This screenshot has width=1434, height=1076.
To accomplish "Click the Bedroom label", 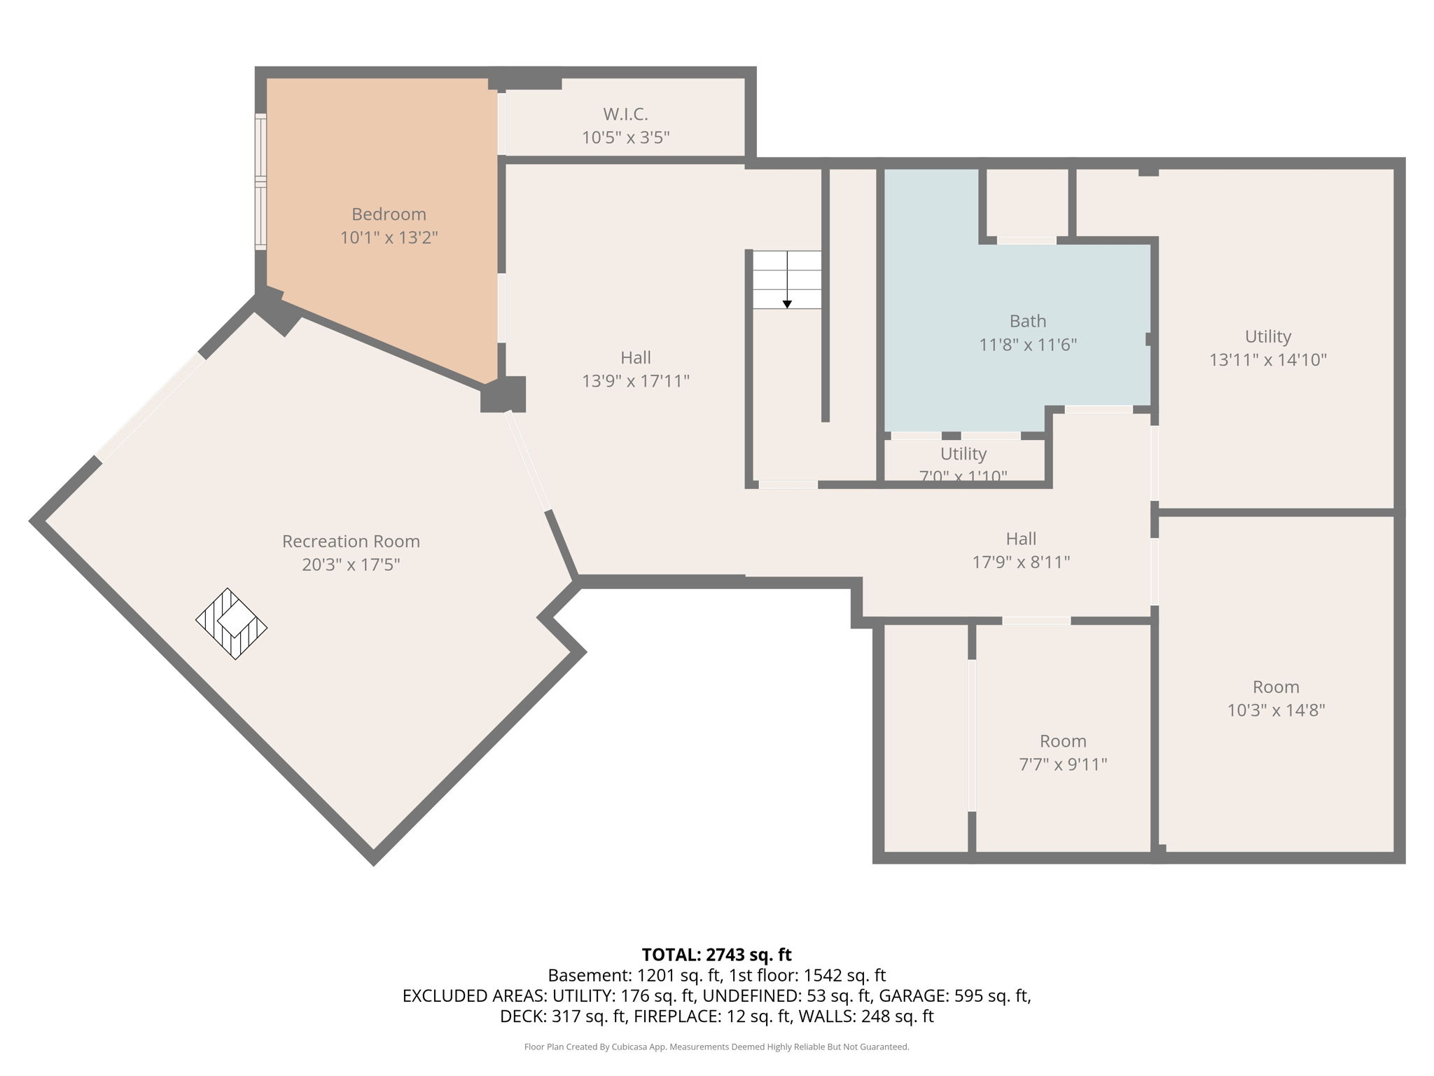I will point(389,214).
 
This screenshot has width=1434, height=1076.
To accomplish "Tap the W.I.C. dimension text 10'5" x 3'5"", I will point(625,137).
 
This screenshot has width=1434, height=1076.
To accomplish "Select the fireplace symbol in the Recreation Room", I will point(232,623).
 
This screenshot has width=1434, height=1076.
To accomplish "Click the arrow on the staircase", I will point(787,303).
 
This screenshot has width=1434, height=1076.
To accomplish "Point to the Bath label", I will point(1027,322).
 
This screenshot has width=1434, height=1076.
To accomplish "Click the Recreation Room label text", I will point(351,542).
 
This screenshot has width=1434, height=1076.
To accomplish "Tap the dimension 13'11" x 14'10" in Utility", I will point(1267,360).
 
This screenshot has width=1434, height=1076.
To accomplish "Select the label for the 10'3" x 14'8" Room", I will point(1275,687).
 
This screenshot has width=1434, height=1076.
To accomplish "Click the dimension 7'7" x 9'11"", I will point(1062,764).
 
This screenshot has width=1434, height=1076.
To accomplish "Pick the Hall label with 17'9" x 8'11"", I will point(1020,539).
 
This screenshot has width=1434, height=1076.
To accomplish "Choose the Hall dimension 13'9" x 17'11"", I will point(635,381).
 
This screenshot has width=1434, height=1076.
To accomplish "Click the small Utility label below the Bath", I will point(963,454).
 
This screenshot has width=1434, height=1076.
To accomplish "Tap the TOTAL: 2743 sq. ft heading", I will point(716,955).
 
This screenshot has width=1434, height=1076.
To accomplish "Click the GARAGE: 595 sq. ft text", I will point(954,995).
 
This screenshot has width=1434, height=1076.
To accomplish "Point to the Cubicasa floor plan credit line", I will point(716,1047).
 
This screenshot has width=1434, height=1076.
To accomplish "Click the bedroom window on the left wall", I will point(260,181).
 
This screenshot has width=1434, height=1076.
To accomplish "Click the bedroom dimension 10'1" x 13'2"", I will point(389,238).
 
